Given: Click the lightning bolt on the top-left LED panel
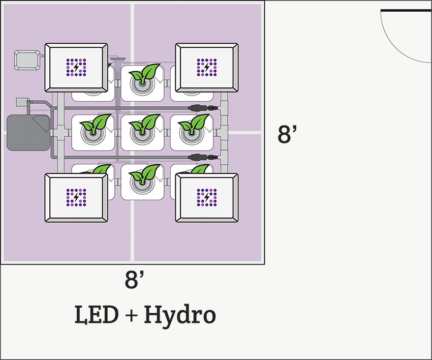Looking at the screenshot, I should (76, 66).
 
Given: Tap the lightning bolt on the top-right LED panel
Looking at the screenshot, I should (206, 66).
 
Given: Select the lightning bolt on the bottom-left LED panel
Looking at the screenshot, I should (76, 197).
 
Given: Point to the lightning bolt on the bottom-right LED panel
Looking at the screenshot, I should (206, 197).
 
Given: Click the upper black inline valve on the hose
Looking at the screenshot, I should (199, 108).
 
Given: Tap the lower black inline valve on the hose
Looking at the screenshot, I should (199, 157).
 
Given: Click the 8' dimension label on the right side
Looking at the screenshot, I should (287, 135).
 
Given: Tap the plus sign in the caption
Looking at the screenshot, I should (130, 316).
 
